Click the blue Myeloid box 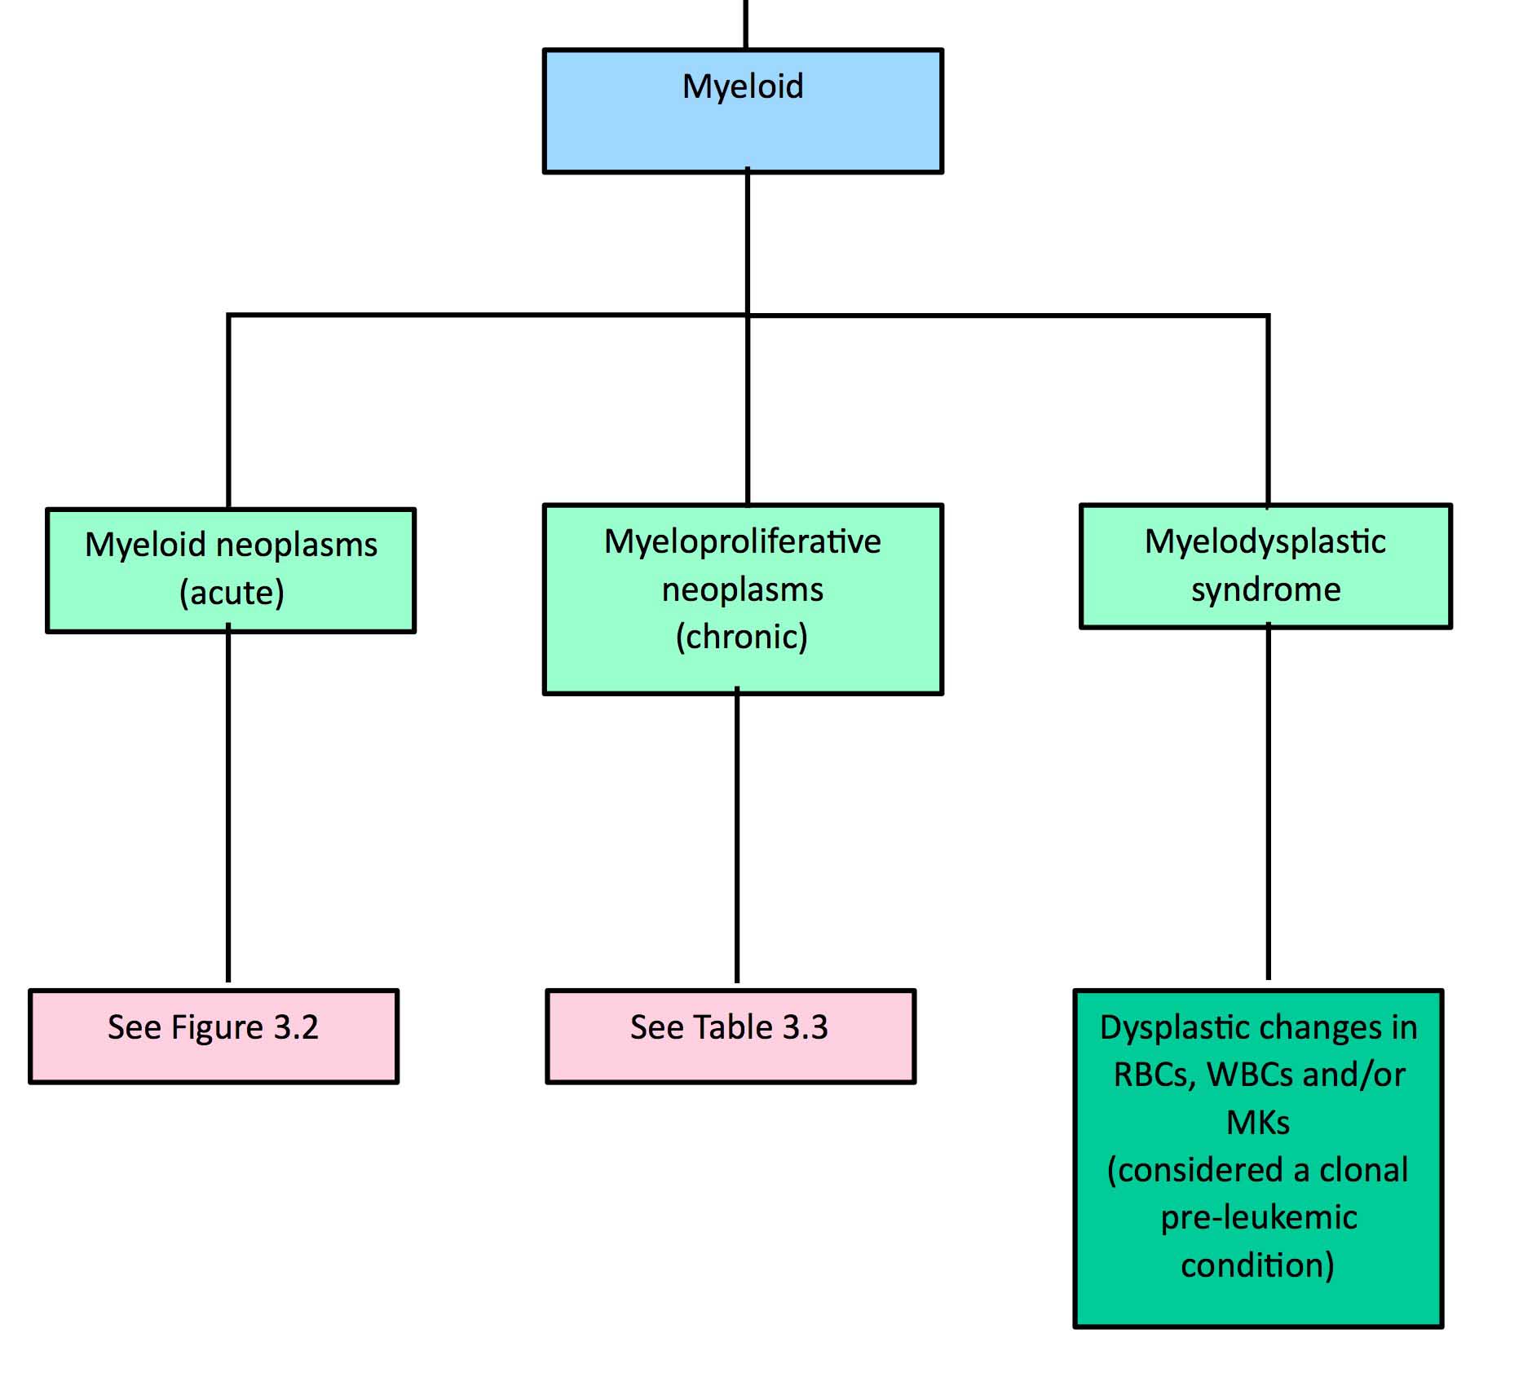[x=743, y=111]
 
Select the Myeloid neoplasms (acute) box [x=231, y=570]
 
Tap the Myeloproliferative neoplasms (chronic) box [x=743, y=599]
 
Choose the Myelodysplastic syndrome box [x=1265, y=566]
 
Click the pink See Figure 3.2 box [x=214, y=1036]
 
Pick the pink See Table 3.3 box [x=731, y=1036]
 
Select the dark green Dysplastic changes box [x=1258, y=1159]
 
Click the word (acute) [x=232, y=593]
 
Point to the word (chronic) [x=742, y=637]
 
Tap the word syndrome [x=1265, y=590]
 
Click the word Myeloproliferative [x=743, y=542]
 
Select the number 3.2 [x=295, y=1027]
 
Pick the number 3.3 [x=805, y=1027]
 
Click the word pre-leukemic [x=1259, y=1218]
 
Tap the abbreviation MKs [x=1258, y=1124]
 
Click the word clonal [x=1363, y=1170]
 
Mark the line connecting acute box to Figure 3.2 [x=228, y=803]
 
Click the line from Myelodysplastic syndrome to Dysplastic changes [x=1268, y=801]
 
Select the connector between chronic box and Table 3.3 [x=737, y=835]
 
